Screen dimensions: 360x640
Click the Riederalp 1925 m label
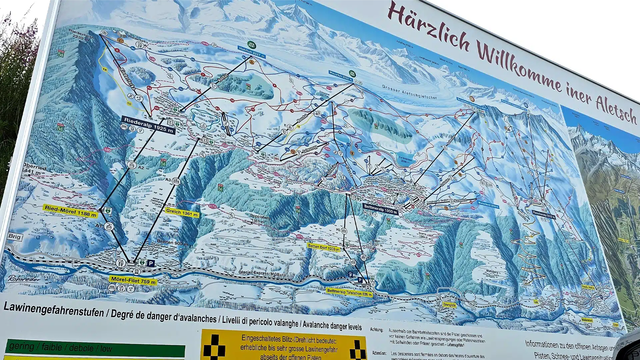pyautogui.click(x=148, y=125)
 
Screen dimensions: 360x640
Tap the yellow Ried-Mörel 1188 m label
pyautogui.click(x=71, y=211)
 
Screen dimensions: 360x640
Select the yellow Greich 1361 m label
pyautogui.click(x=182, y=213)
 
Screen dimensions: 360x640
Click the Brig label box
pyautogui.click(x=15, y=237)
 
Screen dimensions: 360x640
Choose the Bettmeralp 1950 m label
pyautogui.click(x=380, y=209)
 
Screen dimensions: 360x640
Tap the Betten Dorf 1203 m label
pyautogui.click(x=324, y=247)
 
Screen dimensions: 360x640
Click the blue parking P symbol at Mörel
pyautogui.click(x=151, y=263)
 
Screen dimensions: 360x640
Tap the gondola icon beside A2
pyautogui.click(x=132, y=165)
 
